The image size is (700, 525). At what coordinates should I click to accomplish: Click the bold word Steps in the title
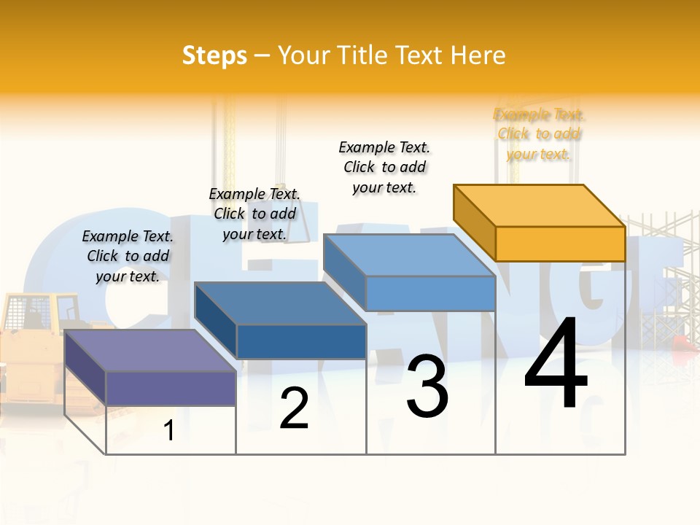(214, 55)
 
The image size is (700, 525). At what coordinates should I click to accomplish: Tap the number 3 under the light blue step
(427, 386)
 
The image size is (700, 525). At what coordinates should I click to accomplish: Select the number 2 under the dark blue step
(294, 408)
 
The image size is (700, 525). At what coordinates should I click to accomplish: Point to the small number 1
(169, 430)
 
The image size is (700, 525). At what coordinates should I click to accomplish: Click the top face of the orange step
(540, 205)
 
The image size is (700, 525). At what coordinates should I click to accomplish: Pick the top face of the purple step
(149, 350)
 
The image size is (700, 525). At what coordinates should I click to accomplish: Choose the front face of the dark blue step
(301, 342)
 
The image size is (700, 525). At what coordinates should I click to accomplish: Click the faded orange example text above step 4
(540, 134)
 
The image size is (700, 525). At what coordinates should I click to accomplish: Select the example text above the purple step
(128, 256)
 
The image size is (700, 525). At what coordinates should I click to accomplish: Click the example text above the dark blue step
(254, 214)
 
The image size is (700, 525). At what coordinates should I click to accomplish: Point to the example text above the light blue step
(384, 167)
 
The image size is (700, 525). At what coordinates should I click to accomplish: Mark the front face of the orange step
(560, 244)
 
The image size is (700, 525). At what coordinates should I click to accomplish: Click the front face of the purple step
(171, 388)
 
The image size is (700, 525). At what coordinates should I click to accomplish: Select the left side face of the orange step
(475, 222)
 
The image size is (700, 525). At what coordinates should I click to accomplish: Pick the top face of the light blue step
(408, 254)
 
